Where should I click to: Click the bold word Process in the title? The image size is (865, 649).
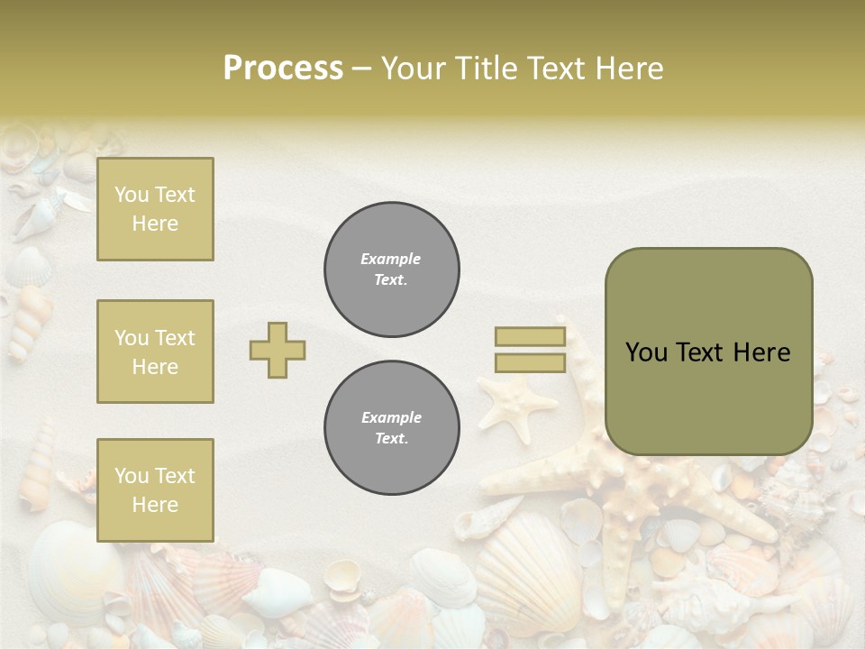pos(283,69)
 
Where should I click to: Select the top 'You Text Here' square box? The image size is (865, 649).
pos(155,209)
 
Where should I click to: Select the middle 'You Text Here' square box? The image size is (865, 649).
pos(155,352)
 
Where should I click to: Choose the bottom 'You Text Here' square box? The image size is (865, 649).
pos(155,490)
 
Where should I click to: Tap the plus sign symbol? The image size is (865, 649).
pos(278,350)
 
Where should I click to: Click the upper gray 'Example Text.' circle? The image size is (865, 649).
pos(392,270)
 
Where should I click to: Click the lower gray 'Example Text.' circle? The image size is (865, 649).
pos(392,428)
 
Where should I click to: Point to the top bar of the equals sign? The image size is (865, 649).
pos(530,337)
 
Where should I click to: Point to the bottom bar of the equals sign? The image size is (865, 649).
pos(530,362)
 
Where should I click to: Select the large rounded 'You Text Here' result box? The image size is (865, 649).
pos(708,352)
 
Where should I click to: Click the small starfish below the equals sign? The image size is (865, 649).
pos(515,400)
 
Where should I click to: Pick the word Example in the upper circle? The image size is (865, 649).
pos(391,259)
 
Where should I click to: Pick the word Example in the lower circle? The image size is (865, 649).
pos(391,417)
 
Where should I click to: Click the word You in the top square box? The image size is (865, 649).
pos(132,195)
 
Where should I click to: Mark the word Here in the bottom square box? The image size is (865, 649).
pos(155,505)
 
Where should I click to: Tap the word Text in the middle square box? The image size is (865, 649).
pos(174,338)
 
